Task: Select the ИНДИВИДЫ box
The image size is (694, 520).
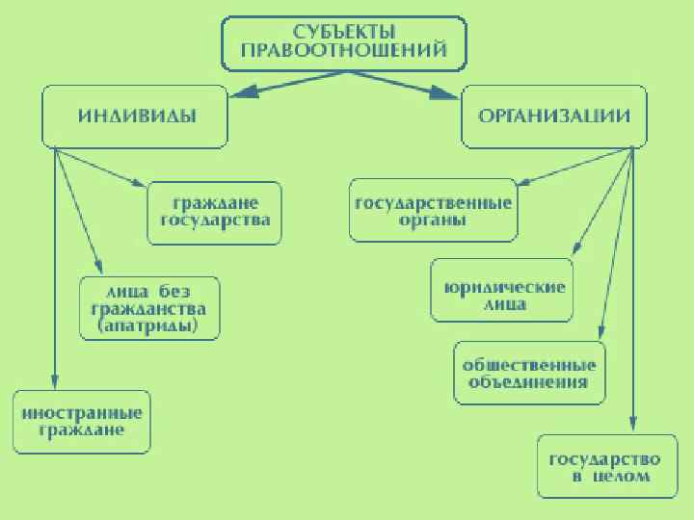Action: point(136,117)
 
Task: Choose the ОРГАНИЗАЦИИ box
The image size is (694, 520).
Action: point(554,117)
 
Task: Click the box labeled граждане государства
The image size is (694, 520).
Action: point(214,213)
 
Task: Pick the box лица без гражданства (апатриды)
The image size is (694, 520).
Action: point(148,308)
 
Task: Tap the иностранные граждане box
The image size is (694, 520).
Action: point(82,422)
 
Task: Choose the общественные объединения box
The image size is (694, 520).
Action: point(529,373)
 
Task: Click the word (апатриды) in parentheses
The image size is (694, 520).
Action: point(148,327)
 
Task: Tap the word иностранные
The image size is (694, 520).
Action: point(82,412)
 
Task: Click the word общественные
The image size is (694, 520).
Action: point(529,364)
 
